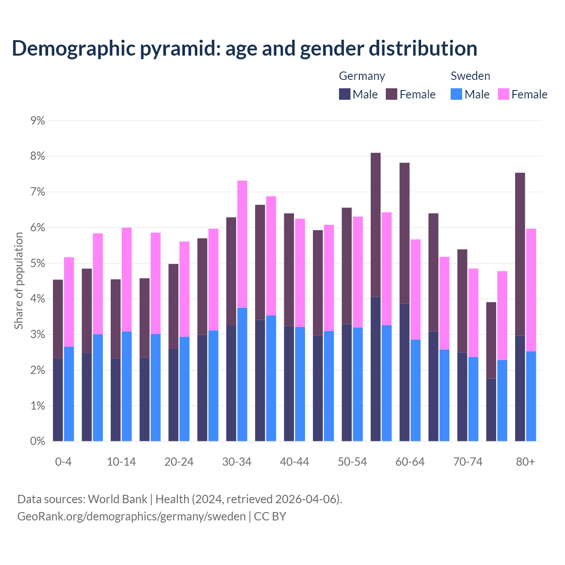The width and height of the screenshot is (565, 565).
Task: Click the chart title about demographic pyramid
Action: point(244,49)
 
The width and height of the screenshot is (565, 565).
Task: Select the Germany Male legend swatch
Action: point(345,94)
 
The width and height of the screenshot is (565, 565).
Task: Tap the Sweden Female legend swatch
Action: point(504,94)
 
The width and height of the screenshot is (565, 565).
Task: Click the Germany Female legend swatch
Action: point(392,94)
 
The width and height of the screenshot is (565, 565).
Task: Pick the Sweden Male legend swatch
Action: point(456,94)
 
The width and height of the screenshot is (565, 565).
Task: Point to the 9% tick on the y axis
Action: point(38,121)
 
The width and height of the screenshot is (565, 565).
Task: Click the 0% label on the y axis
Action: point(38,441)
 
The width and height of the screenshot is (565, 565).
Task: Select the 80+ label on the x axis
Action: point(525,462)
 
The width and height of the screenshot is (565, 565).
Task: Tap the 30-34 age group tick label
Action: point(237,462)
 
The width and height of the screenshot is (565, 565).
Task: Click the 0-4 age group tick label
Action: point(63,462)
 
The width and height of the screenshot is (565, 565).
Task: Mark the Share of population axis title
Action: point(19,281)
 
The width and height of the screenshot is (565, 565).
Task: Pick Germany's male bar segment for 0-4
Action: point(58,399)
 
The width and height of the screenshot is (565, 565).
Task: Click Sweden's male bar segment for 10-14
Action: point(127,386)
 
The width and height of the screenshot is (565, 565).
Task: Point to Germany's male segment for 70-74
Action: point(462,397)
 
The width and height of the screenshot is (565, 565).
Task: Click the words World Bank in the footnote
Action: point(117,499)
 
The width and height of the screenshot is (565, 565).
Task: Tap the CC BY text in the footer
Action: point(270,516)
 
